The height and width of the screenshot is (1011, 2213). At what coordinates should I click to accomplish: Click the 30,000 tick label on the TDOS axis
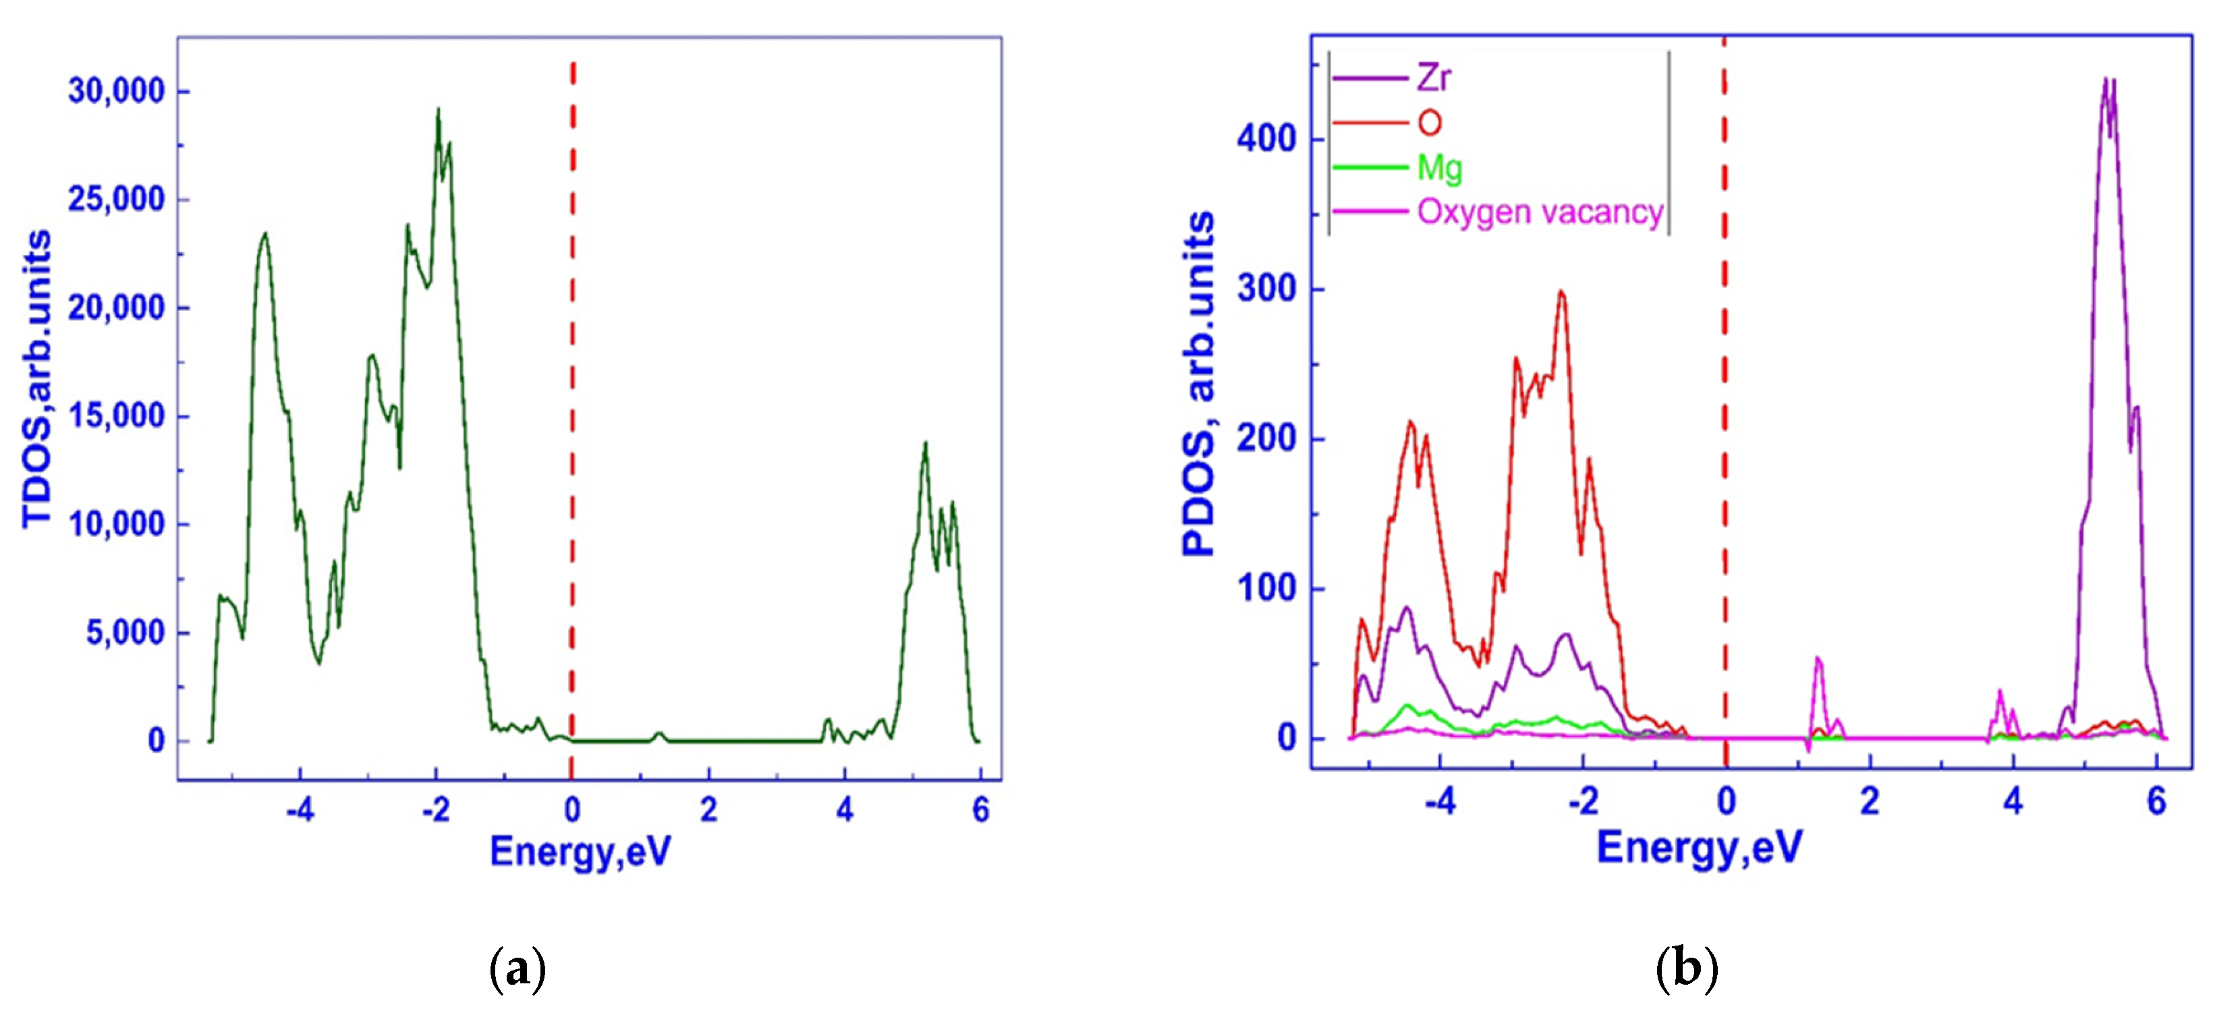pos(116,91)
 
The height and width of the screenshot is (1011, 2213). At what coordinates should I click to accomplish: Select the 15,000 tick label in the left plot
pos(116,417)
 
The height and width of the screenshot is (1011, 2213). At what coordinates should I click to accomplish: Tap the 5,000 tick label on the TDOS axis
pos(125,633)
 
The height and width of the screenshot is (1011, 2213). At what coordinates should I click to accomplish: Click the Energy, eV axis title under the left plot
pos(580,851)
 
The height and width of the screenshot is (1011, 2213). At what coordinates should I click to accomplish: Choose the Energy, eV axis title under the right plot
pos(1700,848)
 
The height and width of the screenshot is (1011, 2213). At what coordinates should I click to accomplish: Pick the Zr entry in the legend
pos(1434,78)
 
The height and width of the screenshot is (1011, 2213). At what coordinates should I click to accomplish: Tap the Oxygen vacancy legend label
pos(1540,211)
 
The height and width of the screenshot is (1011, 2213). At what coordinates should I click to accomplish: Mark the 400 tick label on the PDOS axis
pos(1266,139)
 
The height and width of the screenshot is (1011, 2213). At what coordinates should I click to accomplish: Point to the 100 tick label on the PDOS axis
pos(1266,589)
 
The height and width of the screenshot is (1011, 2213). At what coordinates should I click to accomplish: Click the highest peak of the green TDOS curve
pos(438,110)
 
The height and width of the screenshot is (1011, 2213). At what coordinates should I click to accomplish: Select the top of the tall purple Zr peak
pos(2106,80)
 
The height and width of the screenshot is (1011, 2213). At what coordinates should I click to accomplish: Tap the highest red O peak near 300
pos(1561,292)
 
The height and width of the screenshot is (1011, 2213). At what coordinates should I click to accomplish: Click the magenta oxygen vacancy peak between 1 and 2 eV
pos(1817,659)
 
